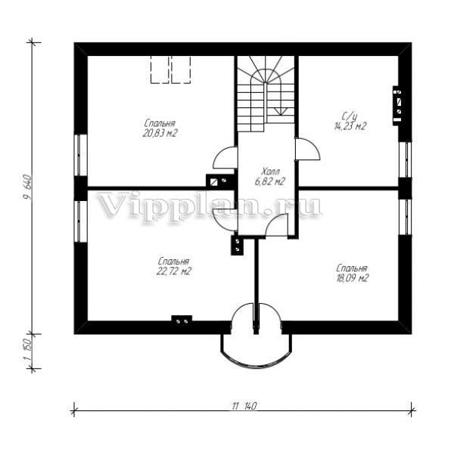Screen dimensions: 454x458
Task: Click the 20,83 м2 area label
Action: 160,133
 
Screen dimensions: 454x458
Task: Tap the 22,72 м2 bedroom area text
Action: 174,271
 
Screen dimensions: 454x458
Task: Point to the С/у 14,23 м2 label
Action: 350,122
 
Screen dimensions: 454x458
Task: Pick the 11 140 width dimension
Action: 244,406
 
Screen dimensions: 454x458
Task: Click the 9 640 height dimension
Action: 27,187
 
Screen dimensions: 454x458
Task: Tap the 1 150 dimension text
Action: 27,351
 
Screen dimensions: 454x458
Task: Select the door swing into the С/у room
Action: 308,149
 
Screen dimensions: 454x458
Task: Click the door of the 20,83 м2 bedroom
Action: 225,157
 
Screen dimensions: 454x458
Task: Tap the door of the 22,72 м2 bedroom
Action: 225,220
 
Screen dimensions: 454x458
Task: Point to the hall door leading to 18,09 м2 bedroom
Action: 276,224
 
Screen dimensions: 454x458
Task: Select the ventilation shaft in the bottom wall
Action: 182,320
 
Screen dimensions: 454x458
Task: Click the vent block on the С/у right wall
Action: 397,106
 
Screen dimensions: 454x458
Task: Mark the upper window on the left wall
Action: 80,155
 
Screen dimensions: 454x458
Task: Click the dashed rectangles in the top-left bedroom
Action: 170,70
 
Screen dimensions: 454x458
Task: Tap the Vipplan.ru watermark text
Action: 209,205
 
